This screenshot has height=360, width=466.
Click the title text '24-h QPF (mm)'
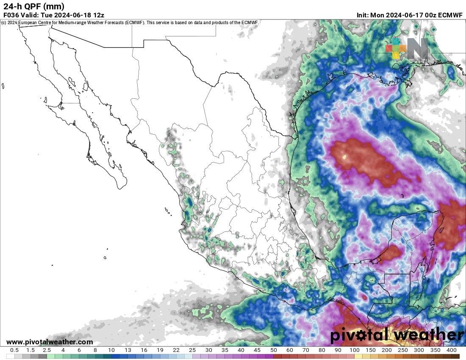pyautogui.click(x=34, y=6)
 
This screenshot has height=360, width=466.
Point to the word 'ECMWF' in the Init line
pyautogui.click(x=451, y=14)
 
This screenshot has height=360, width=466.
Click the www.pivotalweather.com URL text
pyautogui.click(x=50, y=342)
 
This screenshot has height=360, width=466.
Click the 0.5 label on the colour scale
pyautogui.click(x=14, y=350)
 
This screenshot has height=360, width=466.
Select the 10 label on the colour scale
pyautogui.click(x=111, y=350)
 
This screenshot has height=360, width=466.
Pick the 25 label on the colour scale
pyautogui.click(x=192, y=350)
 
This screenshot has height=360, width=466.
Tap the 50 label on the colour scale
pyautogui.click(x=273, y=350)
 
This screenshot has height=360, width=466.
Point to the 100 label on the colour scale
pyautogui.click(x=355, y=350)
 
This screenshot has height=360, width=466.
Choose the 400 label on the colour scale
pyautogui.click(x=451, y=350)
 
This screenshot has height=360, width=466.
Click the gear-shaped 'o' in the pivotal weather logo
pyautogui.click(x=365, y=335)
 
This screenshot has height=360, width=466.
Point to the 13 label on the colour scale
pyautogui.click(x=128, y=350)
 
